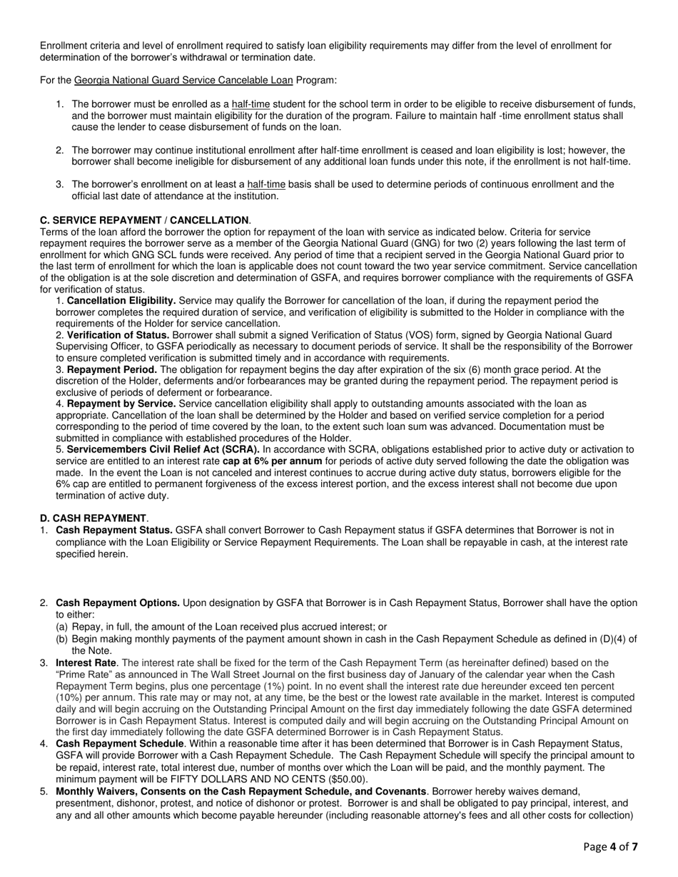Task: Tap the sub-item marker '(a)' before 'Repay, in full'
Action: tap(63, 627)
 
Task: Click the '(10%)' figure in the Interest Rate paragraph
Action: tap(71, 697)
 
